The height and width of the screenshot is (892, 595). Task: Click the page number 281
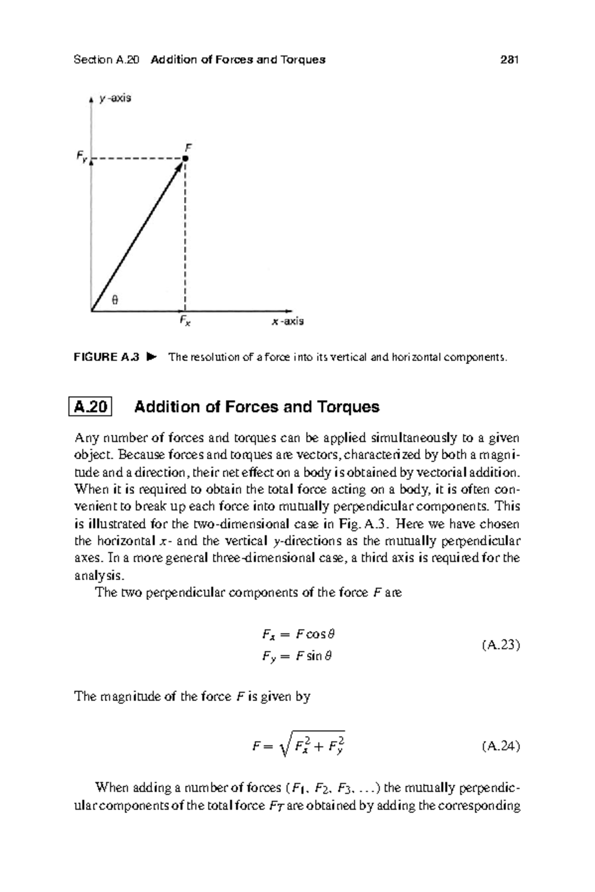click(509, 60)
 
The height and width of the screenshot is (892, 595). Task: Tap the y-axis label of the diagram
click(115, 98)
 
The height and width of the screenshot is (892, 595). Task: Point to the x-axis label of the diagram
click(288, 322)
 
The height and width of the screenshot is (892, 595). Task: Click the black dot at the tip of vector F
click(185, 159)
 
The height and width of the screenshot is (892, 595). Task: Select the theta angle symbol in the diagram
click(115, 300)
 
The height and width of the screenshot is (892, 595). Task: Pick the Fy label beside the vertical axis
click(81, 157)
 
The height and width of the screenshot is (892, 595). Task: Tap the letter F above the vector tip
click(188, 147)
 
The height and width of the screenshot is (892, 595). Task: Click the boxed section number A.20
click(90, 407)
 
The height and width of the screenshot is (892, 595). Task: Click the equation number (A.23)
click(500, 645)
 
